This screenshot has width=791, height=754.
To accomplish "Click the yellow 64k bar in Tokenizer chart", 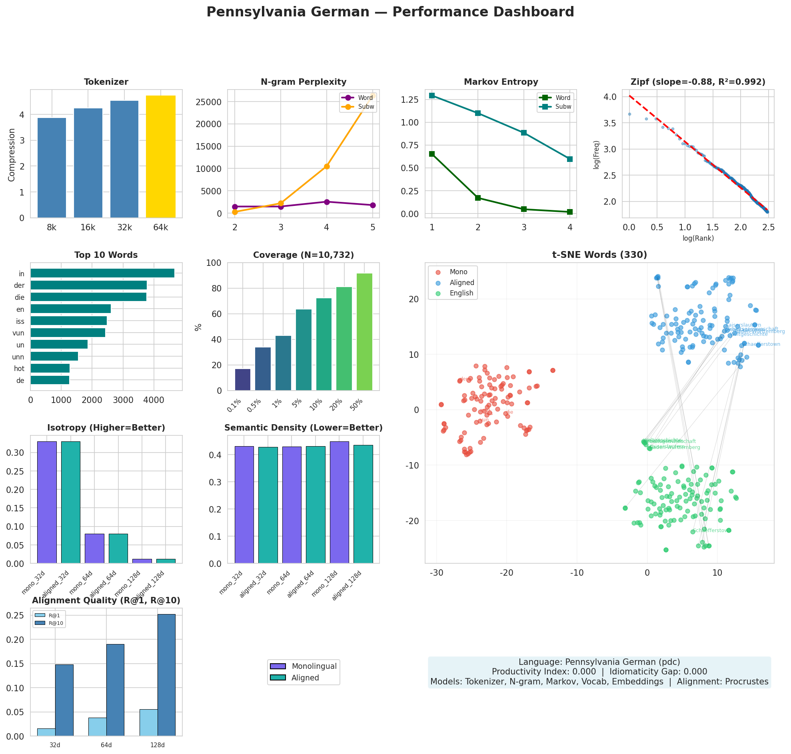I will coord(160,157).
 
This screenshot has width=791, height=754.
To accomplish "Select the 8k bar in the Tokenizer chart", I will coord(52,168).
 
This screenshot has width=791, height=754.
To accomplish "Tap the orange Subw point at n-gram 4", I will coord(327,166).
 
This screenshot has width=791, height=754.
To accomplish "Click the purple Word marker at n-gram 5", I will coord(373,205).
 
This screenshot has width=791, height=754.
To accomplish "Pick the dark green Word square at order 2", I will coord(477,198).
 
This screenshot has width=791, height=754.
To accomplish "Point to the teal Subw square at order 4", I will coord(569,159).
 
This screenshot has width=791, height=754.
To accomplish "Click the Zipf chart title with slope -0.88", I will coord(698,82).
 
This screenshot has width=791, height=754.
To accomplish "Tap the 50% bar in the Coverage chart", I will coord(364,332).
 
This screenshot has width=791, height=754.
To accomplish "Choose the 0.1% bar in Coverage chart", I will coord(242,379).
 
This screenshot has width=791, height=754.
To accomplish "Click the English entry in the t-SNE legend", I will coord(461,293).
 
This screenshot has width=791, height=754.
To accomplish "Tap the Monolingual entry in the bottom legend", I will coord(314,666).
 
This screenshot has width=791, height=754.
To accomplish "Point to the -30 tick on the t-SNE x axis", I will coord(437,572).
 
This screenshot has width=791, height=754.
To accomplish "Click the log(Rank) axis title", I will coord(698,238).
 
